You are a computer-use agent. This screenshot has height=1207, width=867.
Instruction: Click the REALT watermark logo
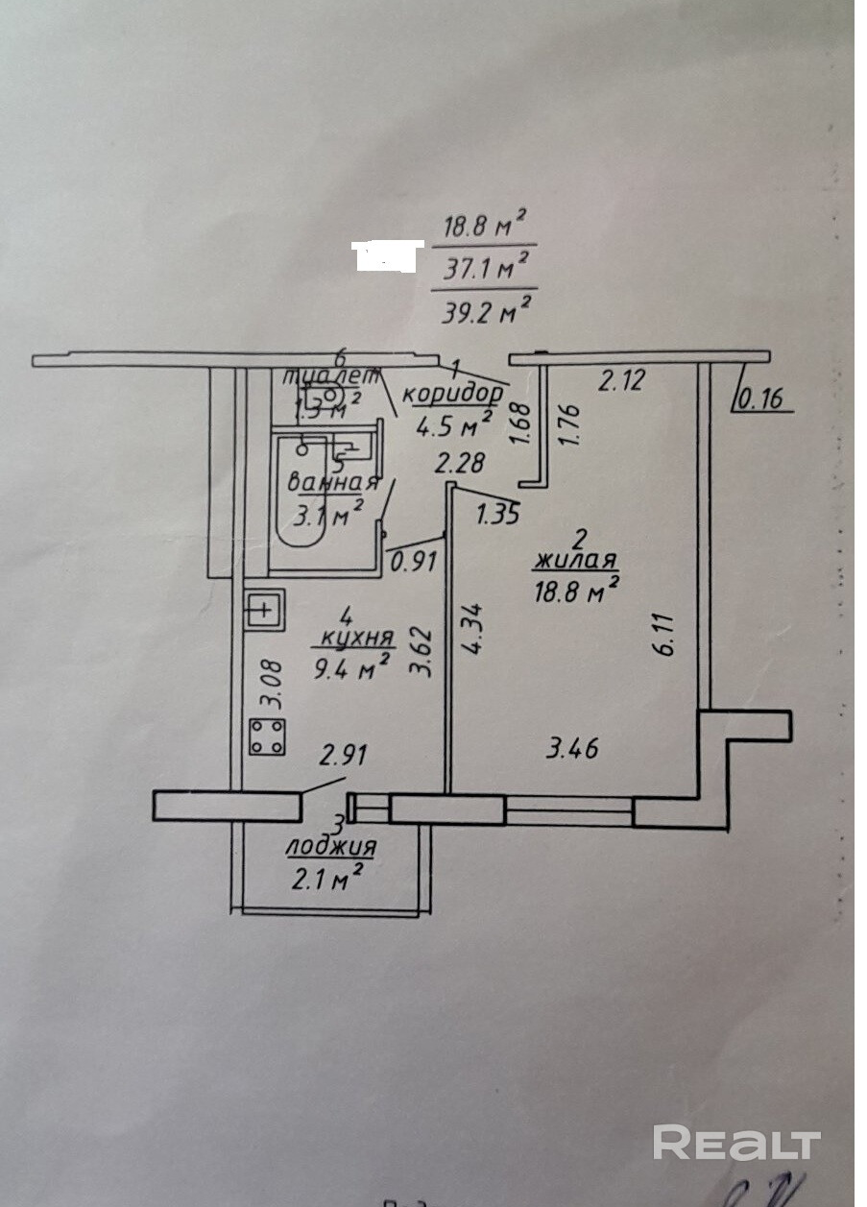point(736,1144)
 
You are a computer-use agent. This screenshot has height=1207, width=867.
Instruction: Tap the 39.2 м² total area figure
point(485,309)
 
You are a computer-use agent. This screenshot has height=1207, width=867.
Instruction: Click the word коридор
point(451,395)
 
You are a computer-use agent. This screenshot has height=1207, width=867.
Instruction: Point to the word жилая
point(576,563)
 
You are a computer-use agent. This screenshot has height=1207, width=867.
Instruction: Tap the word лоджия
point(330,848)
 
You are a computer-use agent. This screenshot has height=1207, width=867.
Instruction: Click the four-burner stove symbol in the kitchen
point(268,736)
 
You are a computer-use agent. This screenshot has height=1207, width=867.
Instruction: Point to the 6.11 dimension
point(666,635)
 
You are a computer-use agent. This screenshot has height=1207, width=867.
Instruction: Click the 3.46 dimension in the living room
point(573,748)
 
